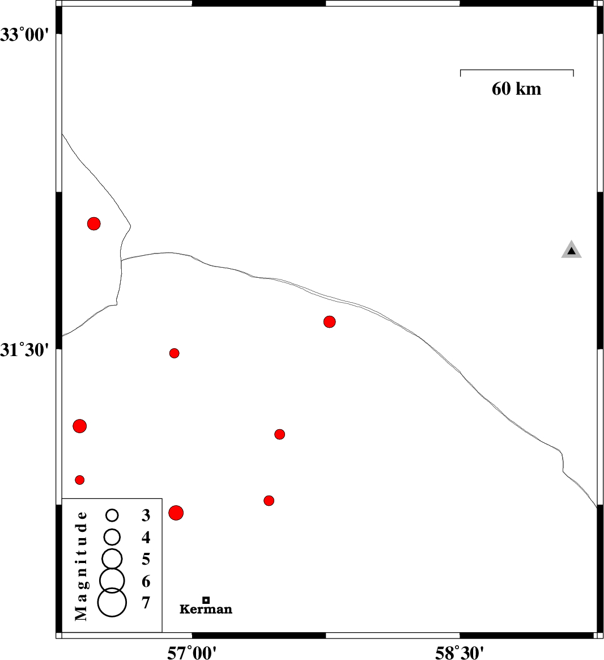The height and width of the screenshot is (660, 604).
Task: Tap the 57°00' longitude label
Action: point(192,653)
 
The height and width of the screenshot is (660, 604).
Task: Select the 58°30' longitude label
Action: point(460,653)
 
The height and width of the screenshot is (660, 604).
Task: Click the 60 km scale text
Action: point(517,89)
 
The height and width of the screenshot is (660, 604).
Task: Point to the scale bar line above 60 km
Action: point(517,70)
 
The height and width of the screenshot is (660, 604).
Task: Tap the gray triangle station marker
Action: point(571,249)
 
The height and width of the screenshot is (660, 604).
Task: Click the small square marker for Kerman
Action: point(206,600)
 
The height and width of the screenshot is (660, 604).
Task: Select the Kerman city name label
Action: point(206,609)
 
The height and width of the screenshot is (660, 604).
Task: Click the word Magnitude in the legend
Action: point(81,566)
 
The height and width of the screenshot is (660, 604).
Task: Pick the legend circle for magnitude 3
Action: point(112,515)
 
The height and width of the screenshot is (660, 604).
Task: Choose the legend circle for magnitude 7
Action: point(112,602)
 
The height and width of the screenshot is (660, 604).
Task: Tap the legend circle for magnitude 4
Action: point(112,536)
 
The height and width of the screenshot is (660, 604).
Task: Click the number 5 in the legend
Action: point(146,560)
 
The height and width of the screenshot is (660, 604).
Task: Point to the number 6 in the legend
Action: point(146,581)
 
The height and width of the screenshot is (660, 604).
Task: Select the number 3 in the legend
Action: point(146,515)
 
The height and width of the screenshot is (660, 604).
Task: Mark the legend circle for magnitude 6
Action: point(112,581)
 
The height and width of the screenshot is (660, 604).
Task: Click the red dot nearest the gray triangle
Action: point(329,321)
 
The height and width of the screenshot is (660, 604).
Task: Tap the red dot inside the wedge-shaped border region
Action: point(94,223)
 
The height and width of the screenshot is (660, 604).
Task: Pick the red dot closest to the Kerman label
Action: point(176,513)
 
